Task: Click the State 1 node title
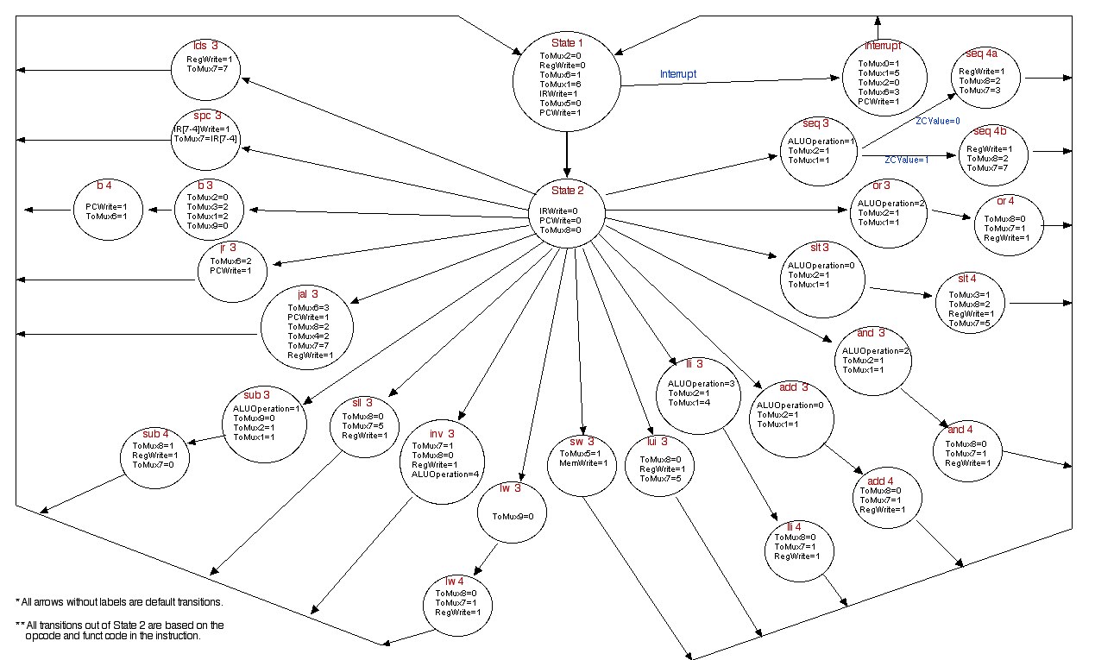[567, 43]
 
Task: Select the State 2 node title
[567, 191]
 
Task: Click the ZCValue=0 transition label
[937, 121]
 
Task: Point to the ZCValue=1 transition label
[907, 160]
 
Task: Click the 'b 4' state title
[106, 185]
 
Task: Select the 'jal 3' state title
[310, 294]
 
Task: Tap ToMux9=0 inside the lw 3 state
[513, 516]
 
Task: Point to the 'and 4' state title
[972, 430]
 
